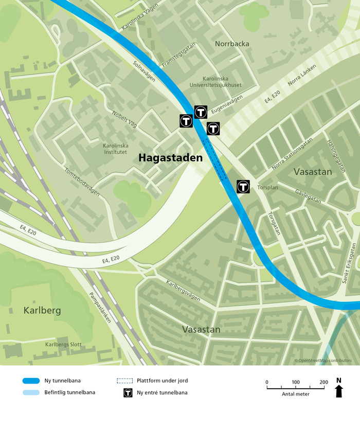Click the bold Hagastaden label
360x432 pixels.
[x=170, y=159]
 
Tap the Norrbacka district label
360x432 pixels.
[x=232, y=44]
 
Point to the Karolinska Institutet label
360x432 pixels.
[x=115, y=149]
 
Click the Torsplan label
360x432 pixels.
[x=267, y=188]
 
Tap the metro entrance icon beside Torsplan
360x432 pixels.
[x=243, y=187]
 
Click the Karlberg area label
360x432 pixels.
[x=42, y=311]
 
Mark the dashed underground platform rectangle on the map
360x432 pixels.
[x=215, y=159]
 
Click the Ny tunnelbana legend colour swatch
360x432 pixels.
[x=31, y=381]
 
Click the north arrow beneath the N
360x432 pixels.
[x=338, y=392]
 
